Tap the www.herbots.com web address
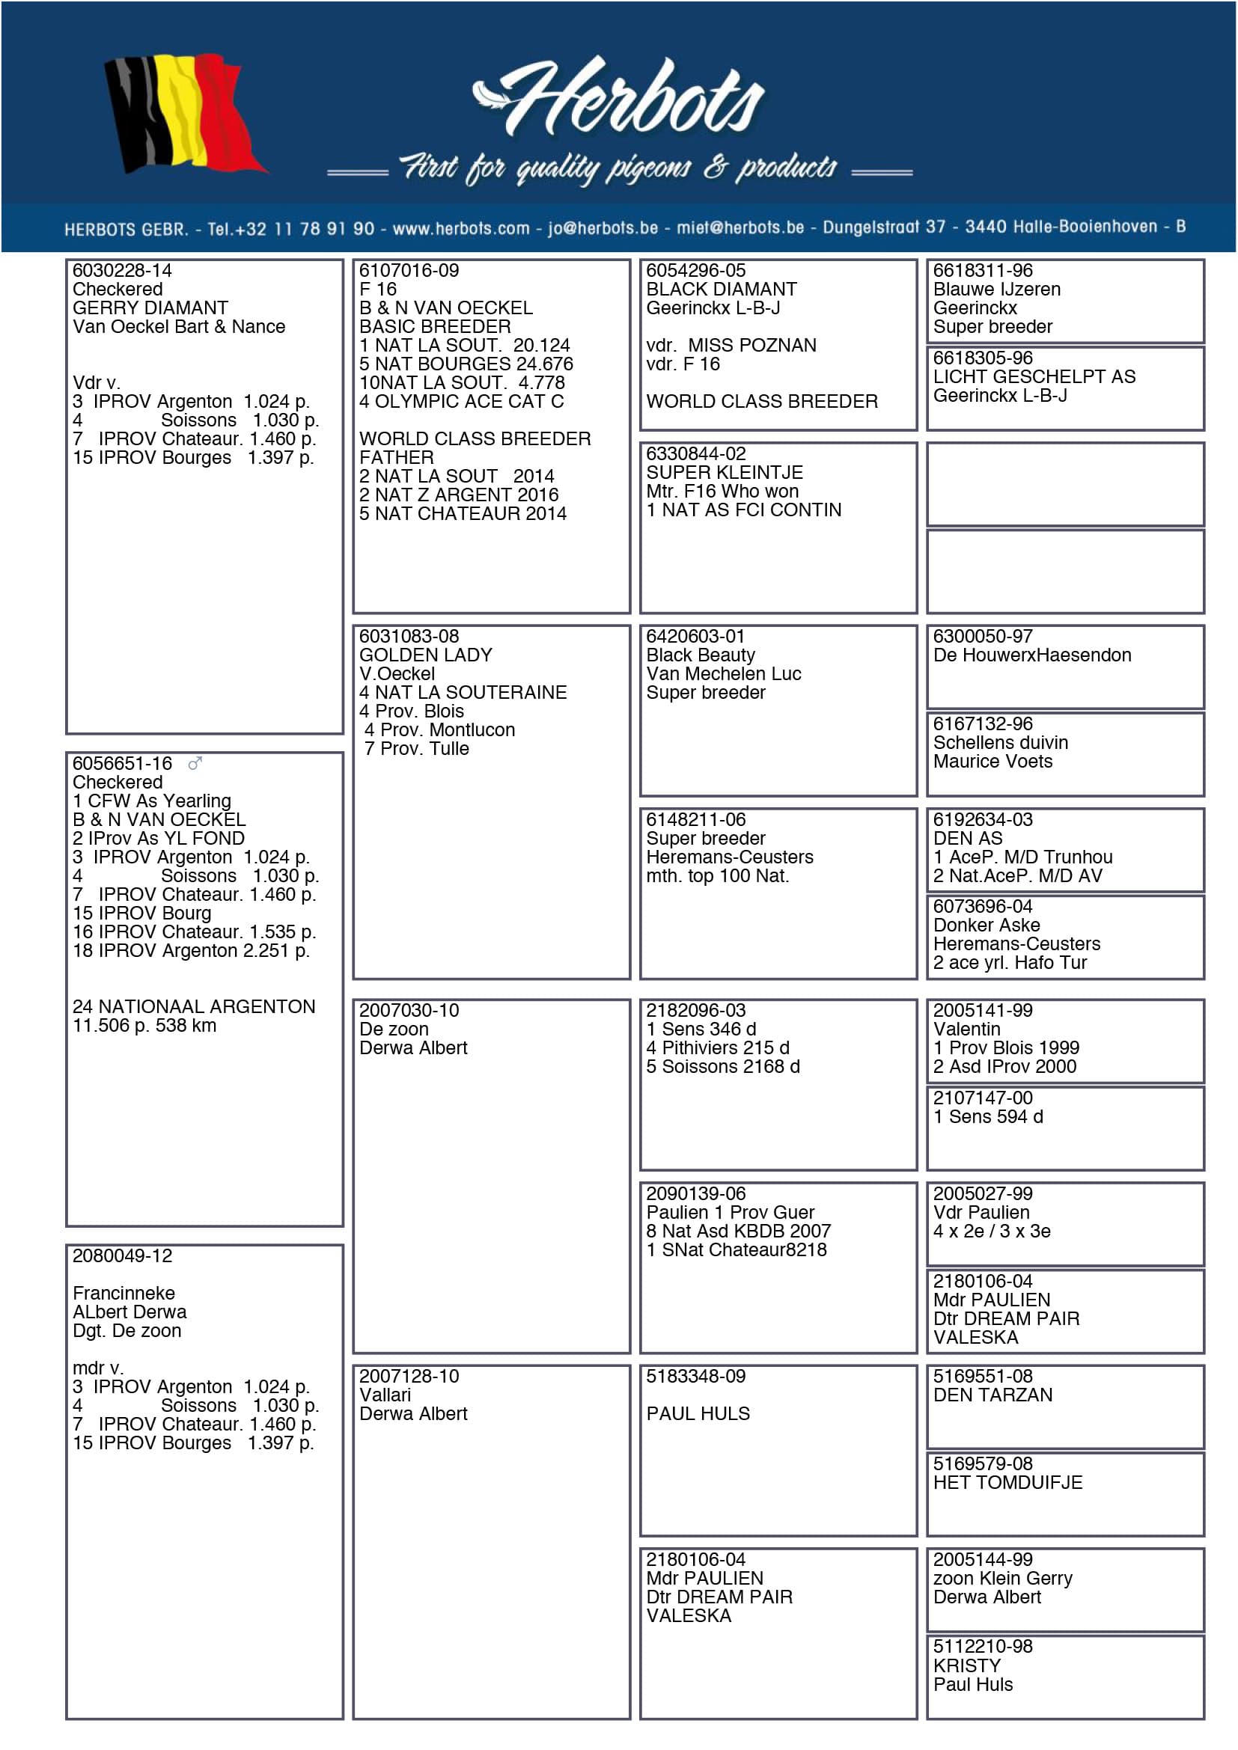pyautogui.click(x=460, y=228)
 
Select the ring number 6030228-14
pyautogui.click(x=122, y=271)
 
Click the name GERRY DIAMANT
pyautogui.click(x=150, y=308)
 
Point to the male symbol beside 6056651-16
pyautogui.click(x=195, y=763)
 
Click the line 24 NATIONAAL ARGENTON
pyautogui.click(x=194, y=1006)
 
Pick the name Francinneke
pyautogui.click(x=124, y=1293)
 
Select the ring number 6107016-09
pyautogui.click(x=409, y=271)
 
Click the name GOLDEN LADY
pyautogui.click(x=425, y=655)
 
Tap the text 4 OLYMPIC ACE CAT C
pyautogui.click(x=461, y=401)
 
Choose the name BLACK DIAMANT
pyautogui.click(x=721, y=289)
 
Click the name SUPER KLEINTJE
pyautogui.click(x=725, y=473)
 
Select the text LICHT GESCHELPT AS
pyautogui.click(x=1034, y=376)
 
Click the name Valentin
pyautogui.click(x=966, y=1029)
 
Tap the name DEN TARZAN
pyautogui.click(x=992, y=1395)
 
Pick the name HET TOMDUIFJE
pyautogui.click(x=1007, y=1482)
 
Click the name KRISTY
pyautogui.click(x=966, y=1665)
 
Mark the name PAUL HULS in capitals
pyautogui.click(x=698, y=1413)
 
